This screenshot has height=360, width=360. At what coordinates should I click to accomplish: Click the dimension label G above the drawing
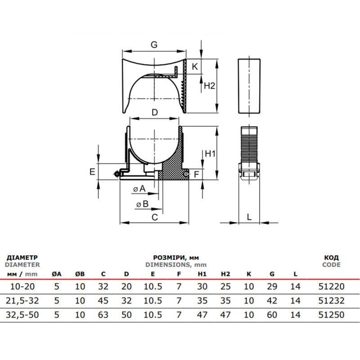154,45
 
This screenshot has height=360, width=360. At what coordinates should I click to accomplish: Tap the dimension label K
195,67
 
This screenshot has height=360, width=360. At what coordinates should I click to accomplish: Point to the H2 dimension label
209,85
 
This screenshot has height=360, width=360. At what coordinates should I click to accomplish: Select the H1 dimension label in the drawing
210,153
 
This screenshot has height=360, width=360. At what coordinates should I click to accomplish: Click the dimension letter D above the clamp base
155,112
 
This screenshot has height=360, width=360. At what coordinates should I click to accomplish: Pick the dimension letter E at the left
92,171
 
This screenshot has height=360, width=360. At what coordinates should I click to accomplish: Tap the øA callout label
139,189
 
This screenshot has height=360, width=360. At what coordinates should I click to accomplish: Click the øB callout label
142,204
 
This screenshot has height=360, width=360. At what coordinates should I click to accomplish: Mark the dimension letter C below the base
155,217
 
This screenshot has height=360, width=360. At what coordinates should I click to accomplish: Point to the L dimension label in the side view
249,217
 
